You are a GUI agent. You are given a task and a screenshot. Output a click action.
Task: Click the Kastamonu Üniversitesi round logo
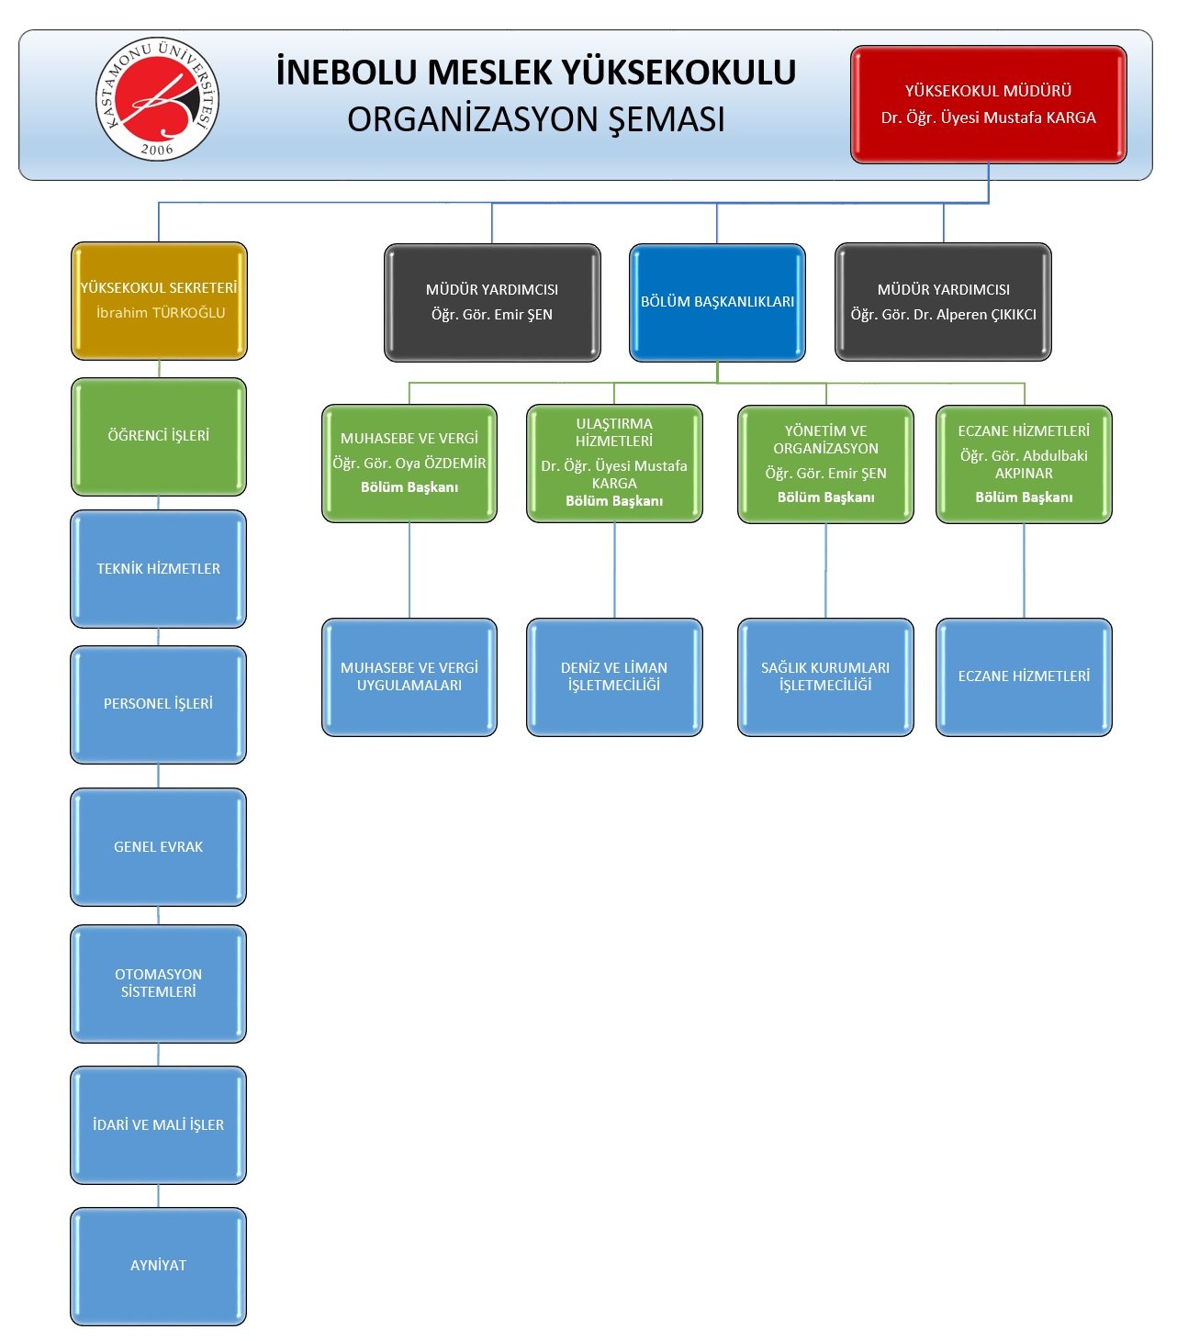157,99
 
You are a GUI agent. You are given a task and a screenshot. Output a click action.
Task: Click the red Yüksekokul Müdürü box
988,105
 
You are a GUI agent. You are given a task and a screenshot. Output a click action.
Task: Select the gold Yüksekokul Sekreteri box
159,301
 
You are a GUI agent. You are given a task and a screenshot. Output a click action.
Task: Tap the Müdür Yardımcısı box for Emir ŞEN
492,303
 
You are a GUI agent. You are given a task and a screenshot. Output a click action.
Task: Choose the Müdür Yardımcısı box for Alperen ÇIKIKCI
943,302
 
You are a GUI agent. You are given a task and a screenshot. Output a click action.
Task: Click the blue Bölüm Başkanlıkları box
717,303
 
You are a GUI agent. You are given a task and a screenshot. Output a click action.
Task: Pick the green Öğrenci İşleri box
158,437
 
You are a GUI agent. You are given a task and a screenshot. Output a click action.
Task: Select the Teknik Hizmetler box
158,569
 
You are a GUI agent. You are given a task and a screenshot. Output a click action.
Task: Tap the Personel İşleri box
158,705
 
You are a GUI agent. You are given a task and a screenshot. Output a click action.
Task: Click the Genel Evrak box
158,847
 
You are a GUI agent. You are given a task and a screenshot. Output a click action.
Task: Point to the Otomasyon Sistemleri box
158,984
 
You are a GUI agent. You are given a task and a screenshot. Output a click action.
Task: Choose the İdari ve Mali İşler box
158,1125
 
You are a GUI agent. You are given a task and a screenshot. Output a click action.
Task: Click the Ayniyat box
158,1267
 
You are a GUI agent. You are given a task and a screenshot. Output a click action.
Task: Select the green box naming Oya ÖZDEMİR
409,464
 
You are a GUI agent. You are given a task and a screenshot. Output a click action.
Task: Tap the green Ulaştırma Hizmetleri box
614,464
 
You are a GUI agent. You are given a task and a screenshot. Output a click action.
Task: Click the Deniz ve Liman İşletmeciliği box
614,677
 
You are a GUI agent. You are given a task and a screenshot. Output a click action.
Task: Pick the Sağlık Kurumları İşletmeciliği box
825,677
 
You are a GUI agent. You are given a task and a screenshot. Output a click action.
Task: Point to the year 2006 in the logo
157,150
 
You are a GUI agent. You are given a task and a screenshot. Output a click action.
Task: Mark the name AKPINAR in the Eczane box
1024,474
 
